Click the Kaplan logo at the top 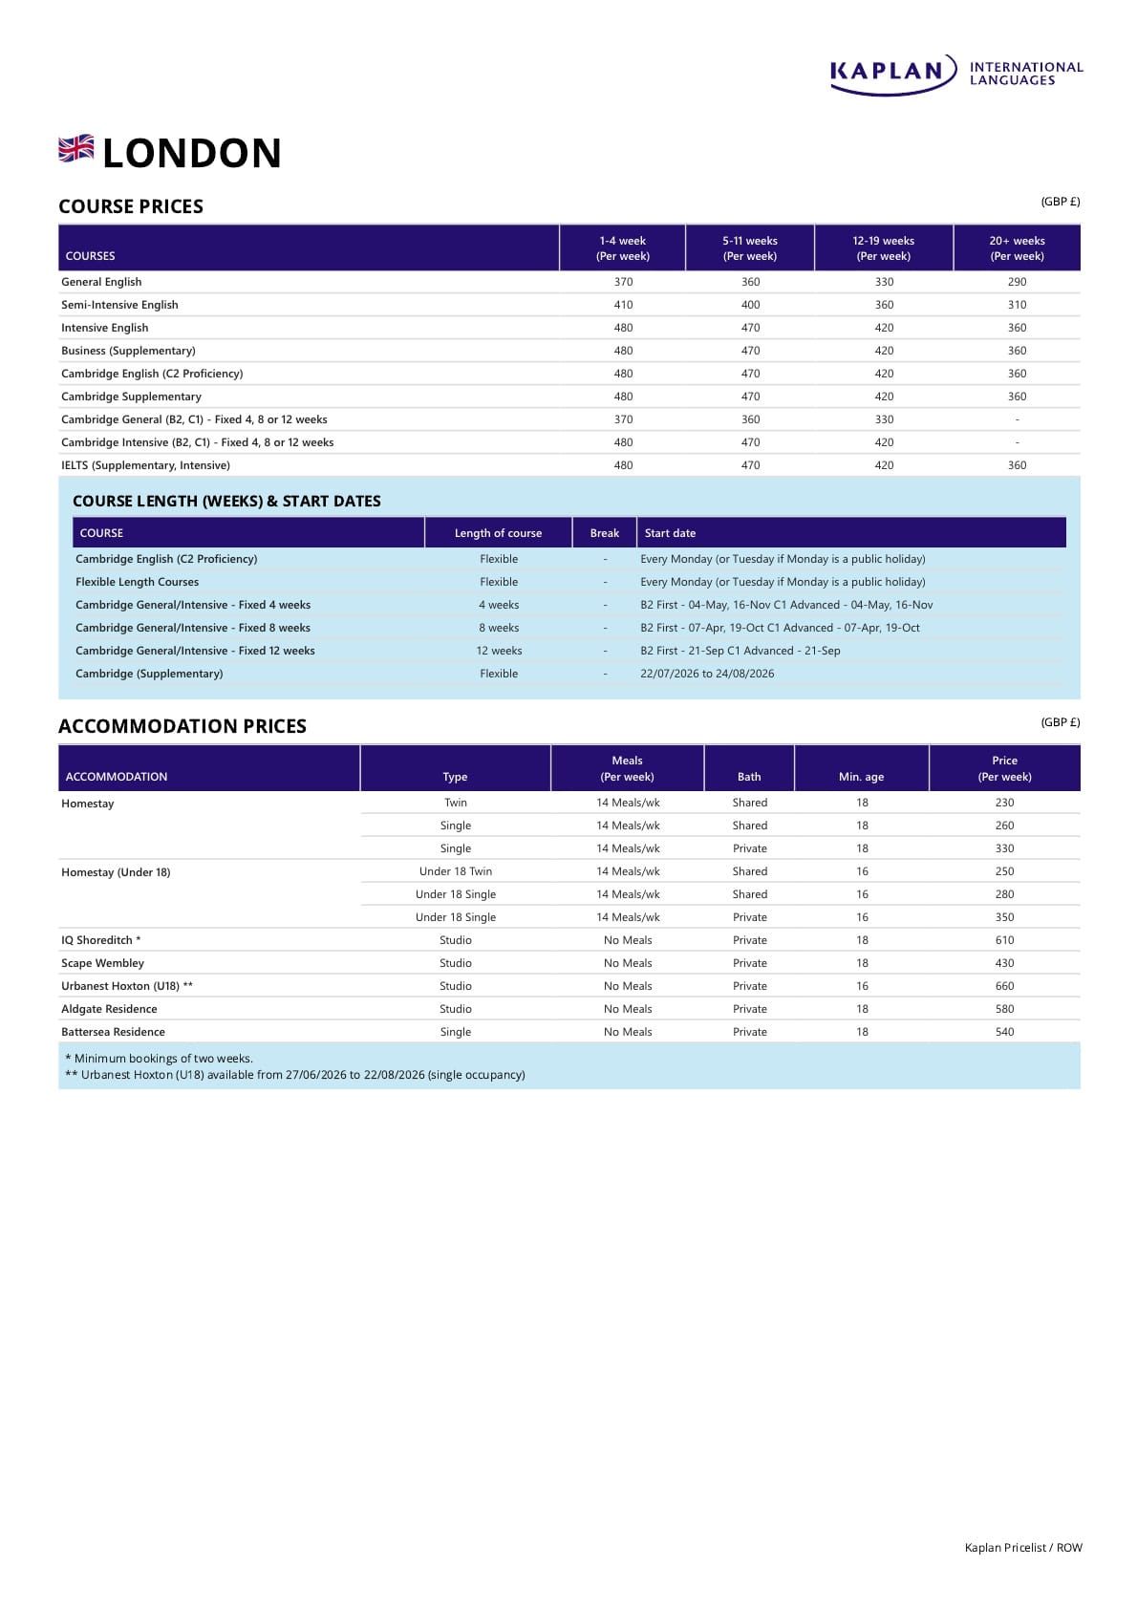point(955,74)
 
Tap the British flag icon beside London point(76,149)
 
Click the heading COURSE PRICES point(131,206)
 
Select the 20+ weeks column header point(1017,248)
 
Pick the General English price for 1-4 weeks point(623,282)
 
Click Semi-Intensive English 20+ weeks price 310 point(1017,305)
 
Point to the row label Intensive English point(105,328)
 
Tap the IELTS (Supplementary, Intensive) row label point(145,465)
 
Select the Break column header point(604,533)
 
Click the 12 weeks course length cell point(499,651)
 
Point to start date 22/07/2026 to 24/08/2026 point(707,674)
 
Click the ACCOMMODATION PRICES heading point(182,726)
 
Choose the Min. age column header point(861,777)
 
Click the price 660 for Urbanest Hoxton point(1004,986)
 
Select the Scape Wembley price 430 point(1004,963)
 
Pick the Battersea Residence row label point(113,1032)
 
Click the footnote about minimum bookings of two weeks point(159,1059)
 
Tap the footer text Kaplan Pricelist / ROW point(1023,1548)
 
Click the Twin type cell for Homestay point(456,803)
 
